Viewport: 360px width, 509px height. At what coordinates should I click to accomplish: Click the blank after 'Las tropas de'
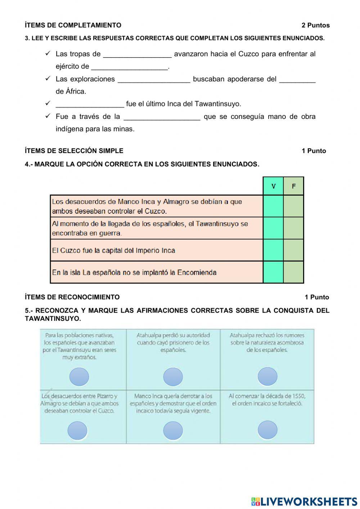tap(137, 54)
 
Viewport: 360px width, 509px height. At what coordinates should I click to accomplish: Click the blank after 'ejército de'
tap(130, 67)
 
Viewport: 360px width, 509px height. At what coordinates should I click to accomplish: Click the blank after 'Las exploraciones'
tap(154, 79)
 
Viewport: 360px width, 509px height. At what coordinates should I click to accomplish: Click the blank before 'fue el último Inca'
tap(90, 104)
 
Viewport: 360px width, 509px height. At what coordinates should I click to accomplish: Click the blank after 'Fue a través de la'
tap(162, 117)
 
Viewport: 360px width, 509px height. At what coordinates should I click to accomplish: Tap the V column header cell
tap(273, 186)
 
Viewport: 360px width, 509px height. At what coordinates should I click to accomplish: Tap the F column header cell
tap(293, 186)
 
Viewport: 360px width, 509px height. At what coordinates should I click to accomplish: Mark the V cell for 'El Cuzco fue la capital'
tap(273, 250)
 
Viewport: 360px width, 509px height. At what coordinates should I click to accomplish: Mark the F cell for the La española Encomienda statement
tap(293, 272)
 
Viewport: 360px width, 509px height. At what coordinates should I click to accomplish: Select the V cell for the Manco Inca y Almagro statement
tap(273, 206)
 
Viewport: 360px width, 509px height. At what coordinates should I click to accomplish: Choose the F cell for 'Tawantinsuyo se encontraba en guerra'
tap(293, 228)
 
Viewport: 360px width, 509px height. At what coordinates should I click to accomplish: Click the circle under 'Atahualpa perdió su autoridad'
tap(173, 377)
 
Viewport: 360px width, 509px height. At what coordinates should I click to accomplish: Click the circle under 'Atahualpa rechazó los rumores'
tap(267, 376)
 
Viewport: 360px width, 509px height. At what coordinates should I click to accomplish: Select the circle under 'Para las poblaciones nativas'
tap(79, 377)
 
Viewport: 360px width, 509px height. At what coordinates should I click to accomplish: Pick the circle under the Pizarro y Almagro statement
tap(77, 431)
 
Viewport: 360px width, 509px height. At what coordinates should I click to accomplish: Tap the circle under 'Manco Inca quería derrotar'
tap(173, 431)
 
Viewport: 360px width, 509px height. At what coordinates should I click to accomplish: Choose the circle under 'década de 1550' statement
tap(267, 430)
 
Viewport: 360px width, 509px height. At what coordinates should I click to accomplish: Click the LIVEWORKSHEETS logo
tap(304, 501)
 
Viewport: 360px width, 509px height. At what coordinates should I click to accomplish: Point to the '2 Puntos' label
tap(315, 25)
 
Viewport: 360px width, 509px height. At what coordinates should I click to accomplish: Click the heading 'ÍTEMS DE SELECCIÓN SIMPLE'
tap(74, 151)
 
